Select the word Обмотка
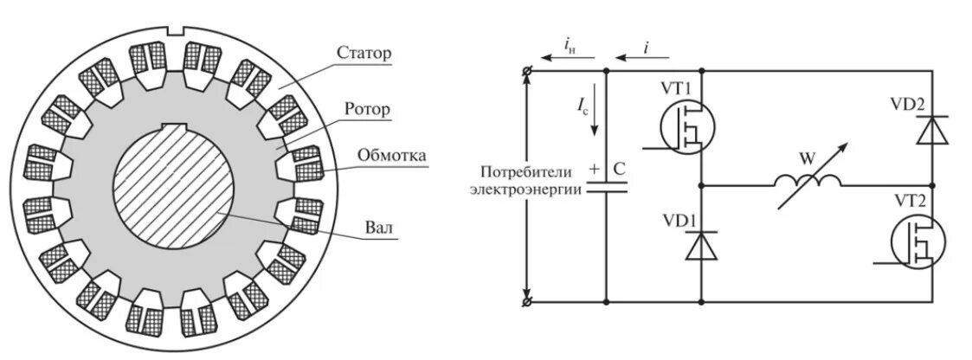[391, 157]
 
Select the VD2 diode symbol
[933, 130]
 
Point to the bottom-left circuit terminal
[527, 302]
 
